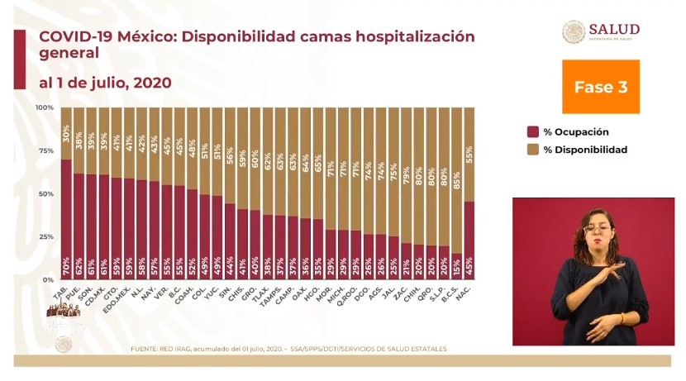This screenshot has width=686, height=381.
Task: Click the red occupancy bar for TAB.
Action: [66, 219]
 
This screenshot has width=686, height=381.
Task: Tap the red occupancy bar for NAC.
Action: [469, 241]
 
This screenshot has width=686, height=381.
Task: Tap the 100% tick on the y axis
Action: [45, 108]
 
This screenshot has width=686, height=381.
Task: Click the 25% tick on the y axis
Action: [47, 237]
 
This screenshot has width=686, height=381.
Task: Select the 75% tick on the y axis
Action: [47, 151]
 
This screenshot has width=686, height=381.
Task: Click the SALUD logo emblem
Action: [574, 32]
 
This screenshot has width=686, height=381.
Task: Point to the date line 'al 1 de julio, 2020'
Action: [104, 83]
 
